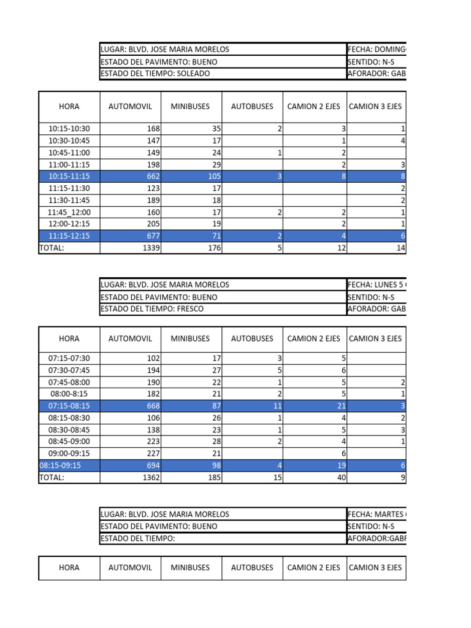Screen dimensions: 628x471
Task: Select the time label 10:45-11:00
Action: [x=69, y=153]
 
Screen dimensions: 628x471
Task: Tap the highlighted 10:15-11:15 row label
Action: [x=69, y=177]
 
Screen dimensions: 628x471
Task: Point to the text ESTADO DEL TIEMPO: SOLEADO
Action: [x=155, y=74]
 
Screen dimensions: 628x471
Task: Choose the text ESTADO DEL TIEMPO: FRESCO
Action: [x=152, y=308]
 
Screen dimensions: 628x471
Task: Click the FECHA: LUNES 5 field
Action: [x=376, y=285]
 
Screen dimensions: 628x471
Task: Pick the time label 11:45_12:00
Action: [x=69, y=212]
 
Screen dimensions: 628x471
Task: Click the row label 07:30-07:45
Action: [x=69, y=370]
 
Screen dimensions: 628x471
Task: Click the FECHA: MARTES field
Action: [x=376, y=515]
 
